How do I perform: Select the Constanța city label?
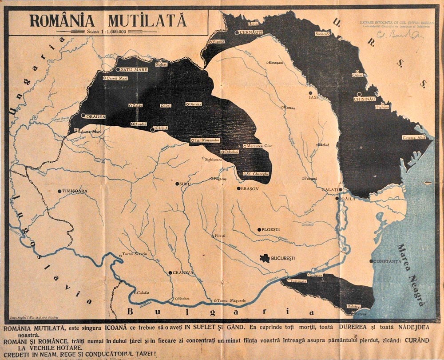387,261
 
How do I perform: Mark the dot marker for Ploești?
259,230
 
